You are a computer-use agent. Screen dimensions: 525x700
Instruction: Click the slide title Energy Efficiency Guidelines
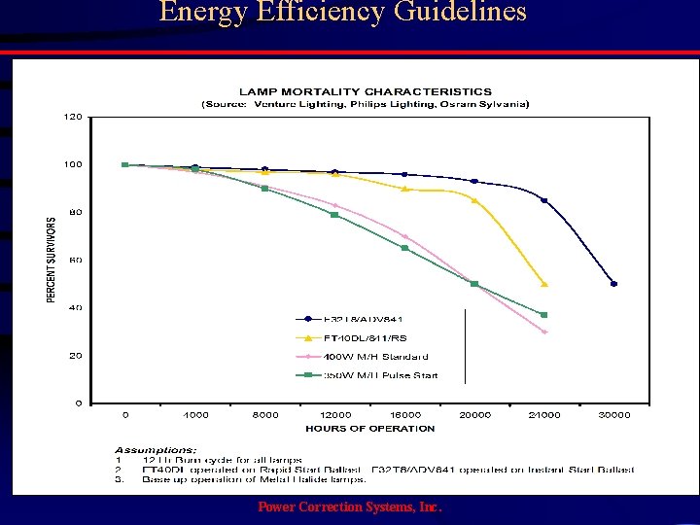342,13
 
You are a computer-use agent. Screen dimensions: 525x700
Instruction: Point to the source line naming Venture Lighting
365,104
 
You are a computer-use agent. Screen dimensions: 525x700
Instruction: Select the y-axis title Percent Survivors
52,259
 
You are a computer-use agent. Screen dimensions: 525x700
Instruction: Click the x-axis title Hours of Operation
369,428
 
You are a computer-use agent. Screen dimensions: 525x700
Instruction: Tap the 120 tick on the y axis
73,117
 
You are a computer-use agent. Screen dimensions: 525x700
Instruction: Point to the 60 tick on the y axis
75,260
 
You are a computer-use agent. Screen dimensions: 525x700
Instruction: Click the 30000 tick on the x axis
613,415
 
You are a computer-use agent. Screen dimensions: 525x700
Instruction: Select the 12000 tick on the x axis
334,415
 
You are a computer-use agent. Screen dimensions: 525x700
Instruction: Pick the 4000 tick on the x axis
195,415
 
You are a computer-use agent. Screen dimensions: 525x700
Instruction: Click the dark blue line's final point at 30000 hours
613,284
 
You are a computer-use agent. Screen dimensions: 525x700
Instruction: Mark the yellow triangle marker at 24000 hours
544,284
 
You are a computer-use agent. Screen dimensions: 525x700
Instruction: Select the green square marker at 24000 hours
544,315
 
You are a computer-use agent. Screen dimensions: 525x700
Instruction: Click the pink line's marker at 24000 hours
544,332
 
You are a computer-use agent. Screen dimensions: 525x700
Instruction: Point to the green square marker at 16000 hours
404,248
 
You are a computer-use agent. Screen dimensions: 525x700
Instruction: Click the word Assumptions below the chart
156,450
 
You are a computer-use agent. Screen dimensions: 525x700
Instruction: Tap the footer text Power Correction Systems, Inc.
349,507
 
